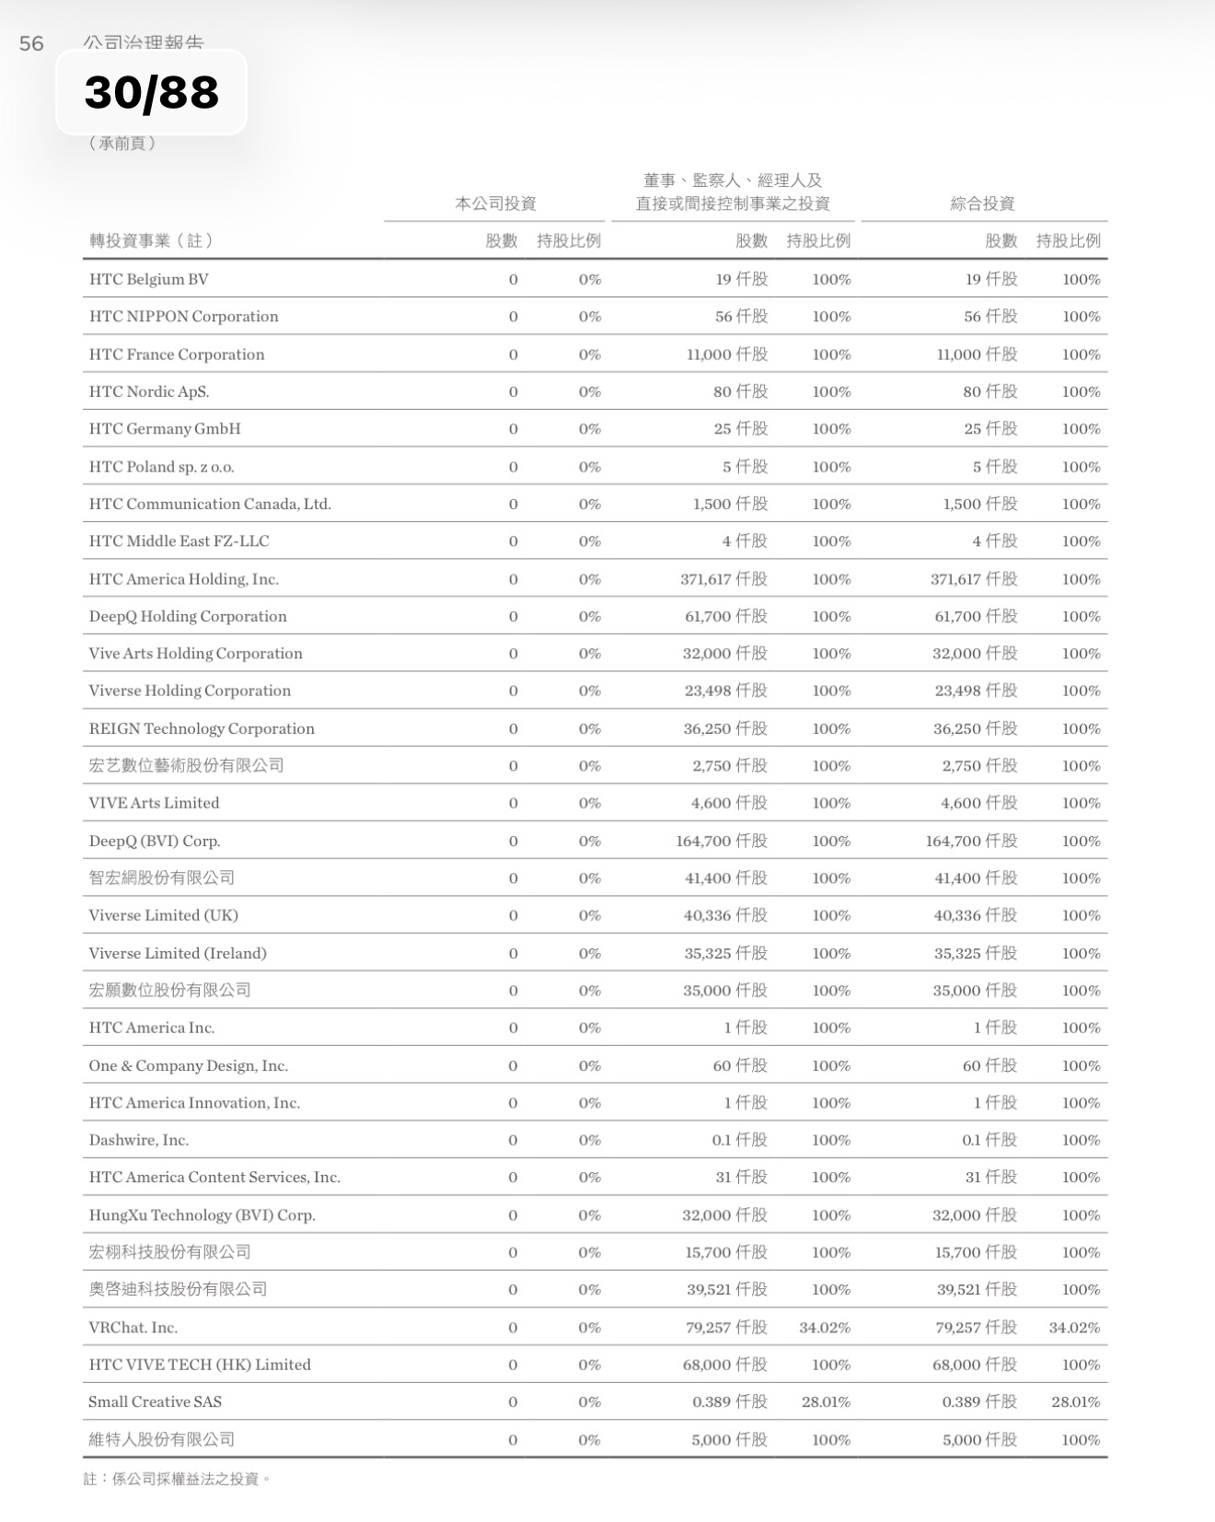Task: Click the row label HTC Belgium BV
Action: pos(149,279)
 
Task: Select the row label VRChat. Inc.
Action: pos(133,1327)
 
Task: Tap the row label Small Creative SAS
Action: pos(155,1401)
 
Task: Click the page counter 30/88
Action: pos(152,92)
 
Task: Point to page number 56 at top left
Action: pos(31,43)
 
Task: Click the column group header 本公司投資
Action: pos(495,203)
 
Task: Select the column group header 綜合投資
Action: pos(982,203)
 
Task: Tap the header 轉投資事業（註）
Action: pos(152,240)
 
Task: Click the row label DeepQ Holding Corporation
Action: pos(188,616)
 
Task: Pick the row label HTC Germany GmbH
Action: pos(165,428)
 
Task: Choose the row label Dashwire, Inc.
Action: pos(139,1140)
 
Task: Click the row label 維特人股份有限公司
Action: pos(162,1439)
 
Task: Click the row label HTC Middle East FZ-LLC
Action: pos(179,540)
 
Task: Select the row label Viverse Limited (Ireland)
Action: pos(178,953)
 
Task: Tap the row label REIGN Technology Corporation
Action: pos(202,728)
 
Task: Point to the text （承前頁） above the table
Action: pos(123,143)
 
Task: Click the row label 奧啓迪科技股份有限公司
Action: pos(179,1289)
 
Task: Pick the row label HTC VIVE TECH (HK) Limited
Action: pos(200,1365)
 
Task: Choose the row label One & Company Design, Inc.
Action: pos(189,1065)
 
